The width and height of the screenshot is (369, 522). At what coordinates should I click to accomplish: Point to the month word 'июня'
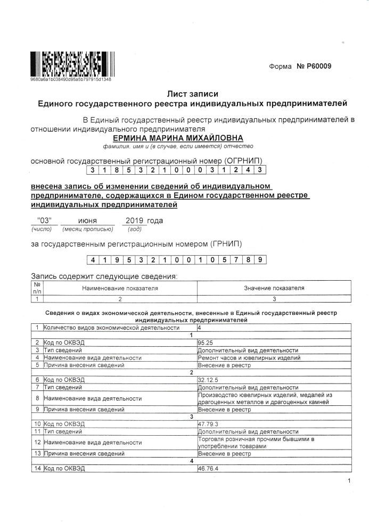[x=88, y=221]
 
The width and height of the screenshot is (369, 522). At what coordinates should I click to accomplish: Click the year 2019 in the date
[x=134, y=221]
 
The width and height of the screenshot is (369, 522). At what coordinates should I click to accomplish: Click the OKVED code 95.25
[x=205, y=342]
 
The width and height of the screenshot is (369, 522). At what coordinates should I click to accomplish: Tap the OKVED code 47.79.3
[x=208, y=423]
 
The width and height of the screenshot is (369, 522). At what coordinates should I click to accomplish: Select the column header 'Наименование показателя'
[x=120, y=288]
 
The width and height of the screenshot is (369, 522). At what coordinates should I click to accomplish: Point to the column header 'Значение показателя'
[x=274, y=288]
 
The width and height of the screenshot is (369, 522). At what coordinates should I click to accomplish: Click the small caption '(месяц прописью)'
[x=88, y=229]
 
